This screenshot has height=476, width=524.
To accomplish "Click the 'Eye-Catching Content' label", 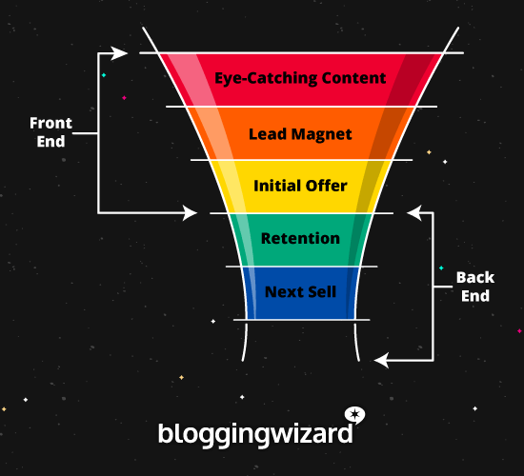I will [x=300, y=79].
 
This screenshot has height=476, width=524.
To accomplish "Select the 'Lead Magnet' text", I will [x=300, y=134].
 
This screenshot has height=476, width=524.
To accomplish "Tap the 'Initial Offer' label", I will [x=300, y=186].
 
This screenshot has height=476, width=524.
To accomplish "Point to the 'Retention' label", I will [x=300, y=238].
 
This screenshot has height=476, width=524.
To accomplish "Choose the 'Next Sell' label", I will [x=300, y=291].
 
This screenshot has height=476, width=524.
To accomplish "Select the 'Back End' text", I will [x=474, y=287].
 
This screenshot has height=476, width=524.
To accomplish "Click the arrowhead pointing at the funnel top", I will [x=119, y=53].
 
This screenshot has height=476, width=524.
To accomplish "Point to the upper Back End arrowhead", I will [x=412, y=213].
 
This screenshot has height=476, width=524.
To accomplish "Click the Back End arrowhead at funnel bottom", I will [x=381, y=360].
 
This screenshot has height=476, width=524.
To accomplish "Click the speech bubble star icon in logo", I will [x=354, y=415].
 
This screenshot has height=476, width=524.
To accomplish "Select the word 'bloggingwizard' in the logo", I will [x=254, y=433].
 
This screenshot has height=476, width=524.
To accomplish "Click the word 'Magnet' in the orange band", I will [x=325, y=134].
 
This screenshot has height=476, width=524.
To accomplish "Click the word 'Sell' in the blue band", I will [x=320, y=291].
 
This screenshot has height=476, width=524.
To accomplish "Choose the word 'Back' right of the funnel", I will [x=474, y=278].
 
